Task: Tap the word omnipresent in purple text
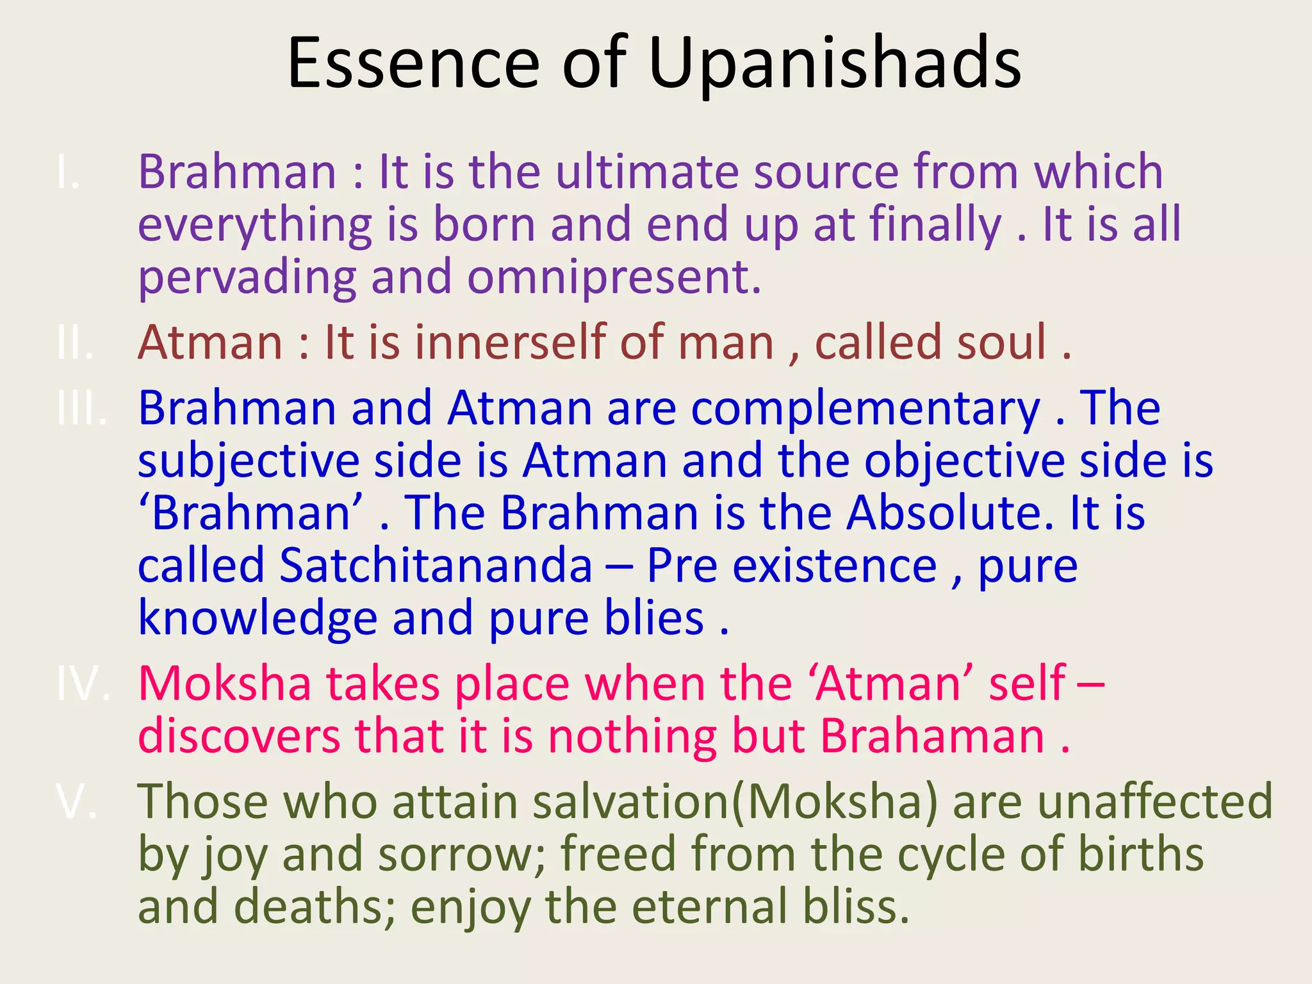click(614, 277)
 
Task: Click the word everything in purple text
click(255, 225)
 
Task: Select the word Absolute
click(948, 513)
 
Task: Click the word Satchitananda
click(436, 566)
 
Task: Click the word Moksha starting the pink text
click(224, 684)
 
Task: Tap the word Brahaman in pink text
click(932, 736)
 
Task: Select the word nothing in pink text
click(632, 736)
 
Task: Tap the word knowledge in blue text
click(258, 618)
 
